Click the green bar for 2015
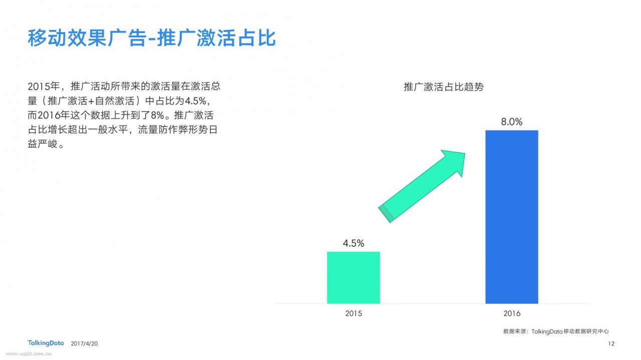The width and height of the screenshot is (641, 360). click(354, 277)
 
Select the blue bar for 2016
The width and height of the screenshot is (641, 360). click(512, 217)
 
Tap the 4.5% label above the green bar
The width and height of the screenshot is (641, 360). click(354, 243)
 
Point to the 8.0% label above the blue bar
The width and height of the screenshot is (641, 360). click(512, 122)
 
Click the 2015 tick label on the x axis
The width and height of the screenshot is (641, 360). click(354, 313)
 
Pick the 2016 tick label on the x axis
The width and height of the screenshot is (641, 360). click(512, 313)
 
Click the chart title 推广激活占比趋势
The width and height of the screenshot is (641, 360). click(444, 87)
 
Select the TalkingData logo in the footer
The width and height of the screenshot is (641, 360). click(46, 343)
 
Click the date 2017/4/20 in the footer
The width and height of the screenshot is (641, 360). click(84, 343)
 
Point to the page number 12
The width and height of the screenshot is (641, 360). click(611, 343)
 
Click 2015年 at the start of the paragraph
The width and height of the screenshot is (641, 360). click(44, 86)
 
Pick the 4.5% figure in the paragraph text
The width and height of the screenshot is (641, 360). click(195, 101)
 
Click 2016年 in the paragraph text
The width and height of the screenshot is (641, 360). click(54, 115)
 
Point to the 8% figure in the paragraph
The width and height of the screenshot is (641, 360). click(157, 115)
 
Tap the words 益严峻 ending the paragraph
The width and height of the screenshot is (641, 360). click(43, 144)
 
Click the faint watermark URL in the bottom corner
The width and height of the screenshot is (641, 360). click(29, 354)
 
